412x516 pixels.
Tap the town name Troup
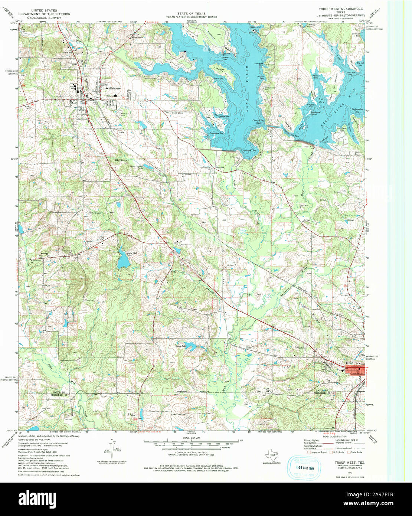pyautogui.click(x=349, y=363)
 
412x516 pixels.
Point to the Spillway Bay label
pyautogui.click(x=252, y=150)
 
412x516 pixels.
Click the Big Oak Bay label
pyautogui.click(x=359, y=63)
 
